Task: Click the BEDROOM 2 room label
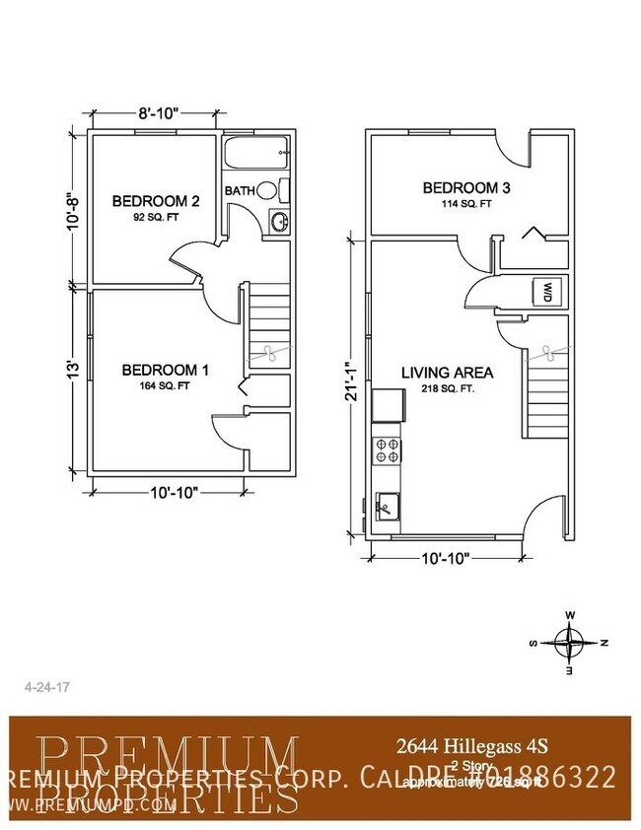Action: click(156, 201)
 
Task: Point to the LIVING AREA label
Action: click(447, 373)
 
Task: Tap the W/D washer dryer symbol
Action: click(546, 292)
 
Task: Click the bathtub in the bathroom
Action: click(254, 154)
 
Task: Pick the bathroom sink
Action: click(279, 221)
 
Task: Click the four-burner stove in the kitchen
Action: click(387, 450)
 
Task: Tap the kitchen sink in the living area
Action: click(387, 507)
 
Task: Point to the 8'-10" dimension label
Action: click(157, 113)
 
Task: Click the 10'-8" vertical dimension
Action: click(71, 209)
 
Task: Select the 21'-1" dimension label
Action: click(351, 380)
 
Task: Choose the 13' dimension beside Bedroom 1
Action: click(71, 371)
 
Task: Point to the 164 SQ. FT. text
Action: click(165, 386)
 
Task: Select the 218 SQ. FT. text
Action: click(447, 389)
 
